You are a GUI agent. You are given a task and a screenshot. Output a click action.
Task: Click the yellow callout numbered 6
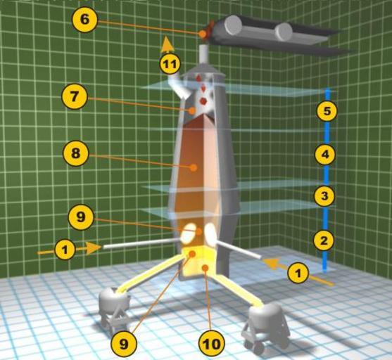(x=84, y=20)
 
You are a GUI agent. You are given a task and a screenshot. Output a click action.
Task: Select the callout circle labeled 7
(x=75, y=96)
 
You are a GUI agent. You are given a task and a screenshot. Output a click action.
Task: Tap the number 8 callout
(x=76, y=153)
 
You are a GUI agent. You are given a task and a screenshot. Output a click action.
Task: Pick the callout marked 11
(x=170, y=64)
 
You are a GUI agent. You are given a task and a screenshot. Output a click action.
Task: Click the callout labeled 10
(x=211, y=344)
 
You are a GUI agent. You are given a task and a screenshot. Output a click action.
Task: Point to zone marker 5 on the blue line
(x=327, y=111)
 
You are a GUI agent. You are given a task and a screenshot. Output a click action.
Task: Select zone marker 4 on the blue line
(x=325, y=155)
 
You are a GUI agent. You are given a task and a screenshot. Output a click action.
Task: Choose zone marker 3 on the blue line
(x=324, y=196)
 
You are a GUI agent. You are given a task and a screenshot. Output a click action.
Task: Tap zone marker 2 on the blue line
(x=324, y=240)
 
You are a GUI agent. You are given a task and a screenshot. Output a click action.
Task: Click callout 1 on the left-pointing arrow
(x=298, y=273)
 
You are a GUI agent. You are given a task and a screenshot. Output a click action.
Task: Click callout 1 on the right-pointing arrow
(x=65, y=250)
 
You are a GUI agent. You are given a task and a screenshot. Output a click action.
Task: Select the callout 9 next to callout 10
(x=124, y=344)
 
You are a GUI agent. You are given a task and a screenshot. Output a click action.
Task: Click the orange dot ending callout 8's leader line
(x=193, y=167)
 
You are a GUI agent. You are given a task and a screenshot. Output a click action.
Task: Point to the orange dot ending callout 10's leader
(x=205, y=268)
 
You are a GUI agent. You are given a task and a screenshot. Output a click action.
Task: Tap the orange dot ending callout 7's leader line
(x=192, y=110)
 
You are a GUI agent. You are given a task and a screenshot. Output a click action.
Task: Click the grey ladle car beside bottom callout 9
(x=115, y=308)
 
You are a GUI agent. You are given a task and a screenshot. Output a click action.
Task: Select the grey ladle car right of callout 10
(x=265, y=327)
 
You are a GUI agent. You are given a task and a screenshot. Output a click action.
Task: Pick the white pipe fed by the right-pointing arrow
(x=141, y=243)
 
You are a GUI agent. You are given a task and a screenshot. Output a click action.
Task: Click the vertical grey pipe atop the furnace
(x=204, y=54)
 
